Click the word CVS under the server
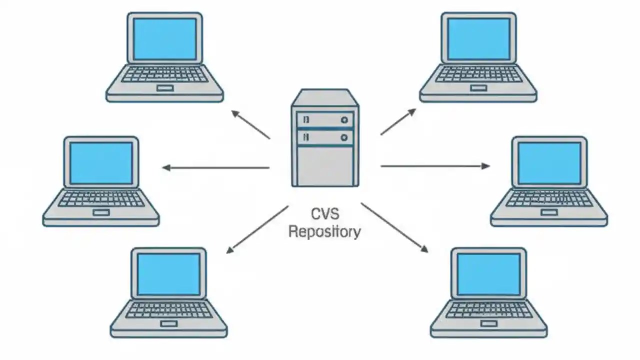(325, 214)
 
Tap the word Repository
(324, 232)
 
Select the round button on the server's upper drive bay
(344, 120)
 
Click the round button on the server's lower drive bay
(344, 136)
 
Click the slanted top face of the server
(325, 97)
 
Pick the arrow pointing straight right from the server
(435, 166)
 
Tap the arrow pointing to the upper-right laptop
(398, 121)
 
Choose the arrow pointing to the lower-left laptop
(257, 229)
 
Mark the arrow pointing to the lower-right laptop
(394, 227)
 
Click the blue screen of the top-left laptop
(164, 39)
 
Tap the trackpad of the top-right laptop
(478, 88)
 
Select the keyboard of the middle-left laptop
(101, 199)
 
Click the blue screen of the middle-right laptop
(549, 163)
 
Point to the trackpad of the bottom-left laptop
(169, 323)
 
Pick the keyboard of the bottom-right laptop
(489, 310)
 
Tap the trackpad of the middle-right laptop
(549, 212)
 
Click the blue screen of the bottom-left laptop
(168, 274)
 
